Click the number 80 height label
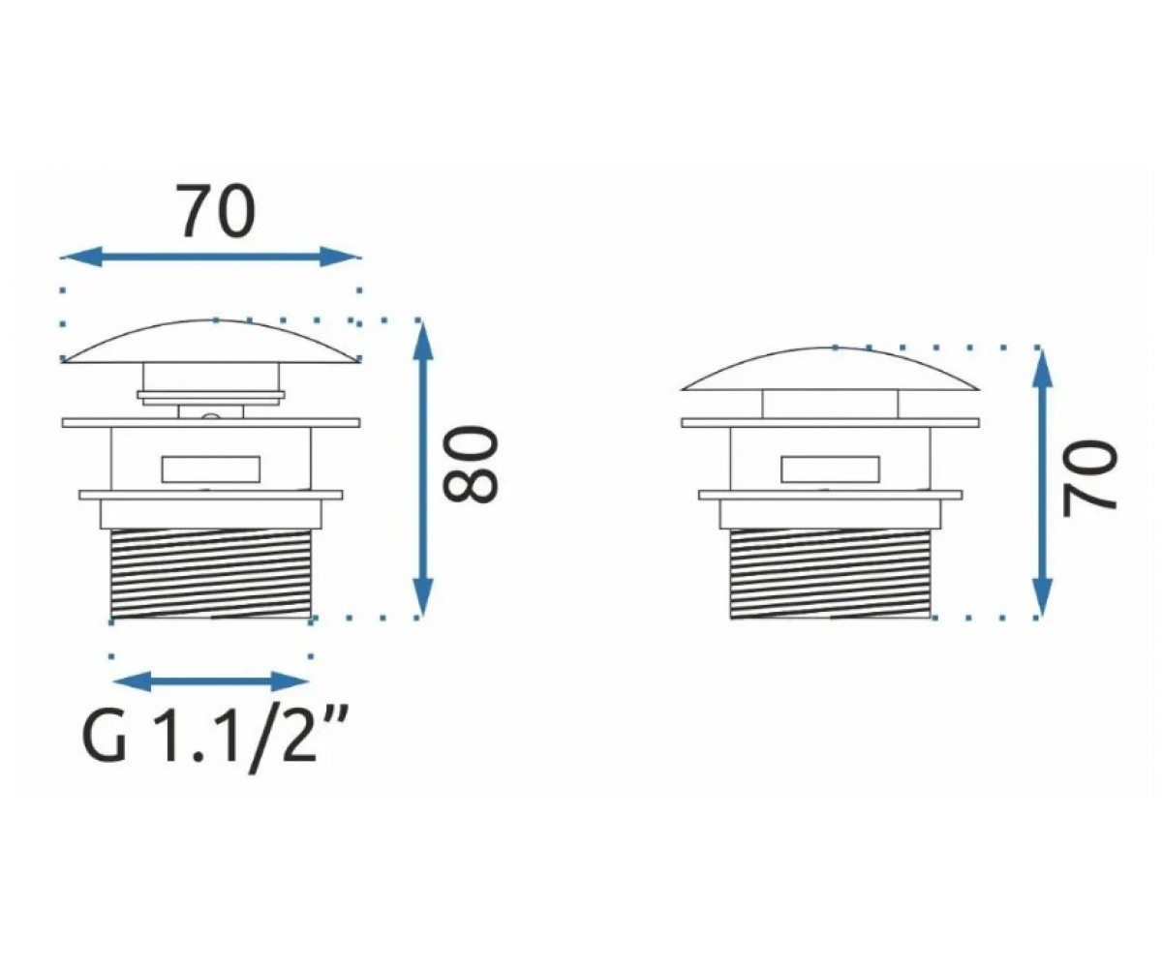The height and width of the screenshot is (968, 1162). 468,465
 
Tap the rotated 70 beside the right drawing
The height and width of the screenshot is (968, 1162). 1090,478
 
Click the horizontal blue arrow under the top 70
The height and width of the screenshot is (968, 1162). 211,257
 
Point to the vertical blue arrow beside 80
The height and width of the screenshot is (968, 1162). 423,469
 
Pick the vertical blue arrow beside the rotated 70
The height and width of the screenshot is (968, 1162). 1042,482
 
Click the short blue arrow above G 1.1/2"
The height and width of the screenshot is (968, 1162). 211,681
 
